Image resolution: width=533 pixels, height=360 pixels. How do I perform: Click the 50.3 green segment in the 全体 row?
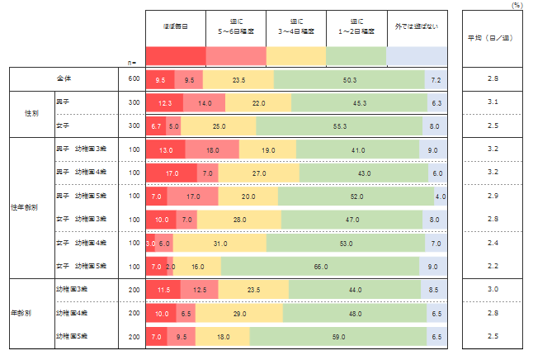tap(349, 80)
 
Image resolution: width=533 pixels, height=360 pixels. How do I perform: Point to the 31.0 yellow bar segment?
tap(221, 244)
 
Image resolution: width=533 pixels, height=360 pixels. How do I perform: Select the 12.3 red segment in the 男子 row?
tap(164, 103)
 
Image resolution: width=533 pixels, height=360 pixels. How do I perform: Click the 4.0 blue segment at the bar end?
tap(441, 197)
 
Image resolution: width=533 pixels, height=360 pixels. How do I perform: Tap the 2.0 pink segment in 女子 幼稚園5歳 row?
tap(171, 267)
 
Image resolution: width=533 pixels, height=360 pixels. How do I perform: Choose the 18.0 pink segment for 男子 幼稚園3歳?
tap(212, 150)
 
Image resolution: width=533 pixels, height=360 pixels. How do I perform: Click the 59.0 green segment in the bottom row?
tap(338, 337)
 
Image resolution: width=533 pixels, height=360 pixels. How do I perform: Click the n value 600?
tap(134, 80)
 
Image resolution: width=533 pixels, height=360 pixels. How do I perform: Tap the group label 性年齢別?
tap(22, 208)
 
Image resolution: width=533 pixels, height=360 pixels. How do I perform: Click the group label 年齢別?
tap(22, 314)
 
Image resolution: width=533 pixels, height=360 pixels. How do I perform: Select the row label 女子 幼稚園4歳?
tap(83, 244)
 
